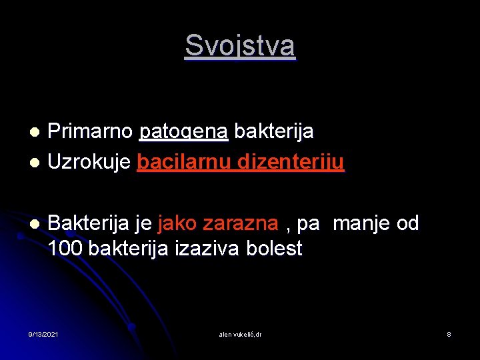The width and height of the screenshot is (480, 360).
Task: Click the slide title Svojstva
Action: click(239, 46)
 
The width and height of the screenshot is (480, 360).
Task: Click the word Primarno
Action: click(90, 132)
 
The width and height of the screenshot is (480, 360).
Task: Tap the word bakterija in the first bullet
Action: click(274, 132)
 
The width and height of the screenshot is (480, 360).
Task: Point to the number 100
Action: click(65, 249)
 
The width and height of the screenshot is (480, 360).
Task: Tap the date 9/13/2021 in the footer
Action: click(43, 333)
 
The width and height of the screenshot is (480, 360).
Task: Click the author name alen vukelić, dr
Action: click(240, 333)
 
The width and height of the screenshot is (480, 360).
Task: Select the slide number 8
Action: click(449, 333)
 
